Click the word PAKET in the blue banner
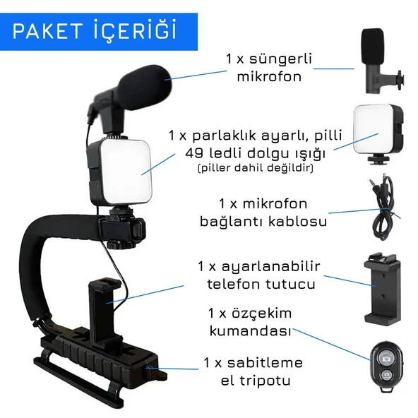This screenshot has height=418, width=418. click(x=47, y=31)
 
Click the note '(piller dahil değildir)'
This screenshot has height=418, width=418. click(x=256, y=168)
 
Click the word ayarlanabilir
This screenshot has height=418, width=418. click(x=271, y=267)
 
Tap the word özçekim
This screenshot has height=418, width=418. click(x=262, y=313)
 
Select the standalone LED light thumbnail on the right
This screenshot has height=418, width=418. click(x=378, y=134)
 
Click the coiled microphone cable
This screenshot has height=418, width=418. click(x=382, y=207)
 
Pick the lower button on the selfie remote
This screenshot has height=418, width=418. click(x=386, y=376)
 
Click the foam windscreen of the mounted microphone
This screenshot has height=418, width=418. click(x=144, y=87)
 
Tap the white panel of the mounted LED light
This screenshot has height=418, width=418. click(x=125, y=172)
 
